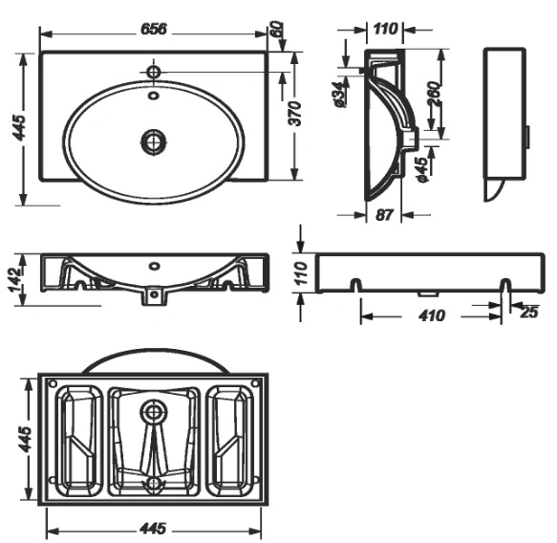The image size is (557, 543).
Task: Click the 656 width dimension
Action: [154, 29]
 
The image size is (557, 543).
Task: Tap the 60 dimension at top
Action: [278, 29]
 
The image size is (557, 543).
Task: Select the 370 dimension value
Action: [295, 114]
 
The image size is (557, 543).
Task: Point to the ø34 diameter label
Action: [338, 95]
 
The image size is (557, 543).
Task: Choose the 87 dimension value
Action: [384, 215]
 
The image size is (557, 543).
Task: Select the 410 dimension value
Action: [431, 315]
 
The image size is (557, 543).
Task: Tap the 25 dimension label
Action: [529, 312]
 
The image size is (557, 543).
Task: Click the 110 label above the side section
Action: [385, 29]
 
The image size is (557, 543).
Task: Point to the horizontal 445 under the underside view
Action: [153, 529]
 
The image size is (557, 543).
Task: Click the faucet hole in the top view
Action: [154, 72]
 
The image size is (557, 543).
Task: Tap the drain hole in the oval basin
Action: [154, 141]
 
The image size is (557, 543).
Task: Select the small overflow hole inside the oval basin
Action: [154, 96]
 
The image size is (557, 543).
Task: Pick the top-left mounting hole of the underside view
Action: [53, 383]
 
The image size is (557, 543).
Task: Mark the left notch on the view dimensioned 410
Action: [356, 285]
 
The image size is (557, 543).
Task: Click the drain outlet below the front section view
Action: [154, 296]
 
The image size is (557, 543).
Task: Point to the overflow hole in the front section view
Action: [154, 266]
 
